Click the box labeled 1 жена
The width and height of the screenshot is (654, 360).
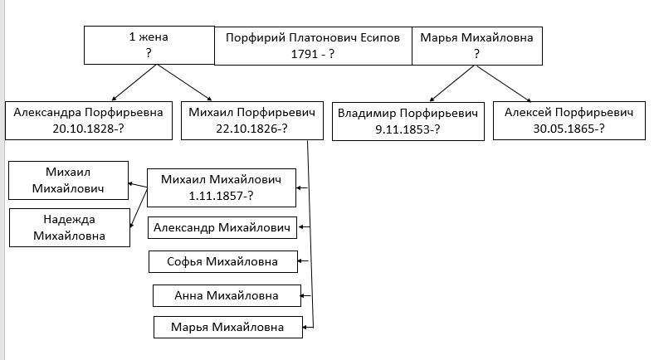149,45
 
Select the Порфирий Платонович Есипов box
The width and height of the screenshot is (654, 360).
313,46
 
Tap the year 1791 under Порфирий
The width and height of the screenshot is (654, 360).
305,54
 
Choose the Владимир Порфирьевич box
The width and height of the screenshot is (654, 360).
408,121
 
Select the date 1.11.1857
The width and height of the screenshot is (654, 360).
215,196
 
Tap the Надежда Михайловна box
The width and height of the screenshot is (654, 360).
70,227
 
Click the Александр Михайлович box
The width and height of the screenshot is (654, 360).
222,227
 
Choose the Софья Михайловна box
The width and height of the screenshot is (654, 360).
223,261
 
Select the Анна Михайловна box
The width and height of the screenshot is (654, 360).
227,296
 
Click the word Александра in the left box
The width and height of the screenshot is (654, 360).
47,113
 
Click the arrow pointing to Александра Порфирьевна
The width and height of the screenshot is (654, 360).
134,82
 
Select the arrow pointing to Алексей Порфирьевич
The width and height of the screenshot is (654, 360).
504,83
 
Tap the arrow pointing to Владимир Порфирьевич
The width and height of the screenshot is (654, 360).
452,83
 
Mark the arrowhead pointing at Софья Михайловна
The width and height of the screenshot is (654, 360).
300,261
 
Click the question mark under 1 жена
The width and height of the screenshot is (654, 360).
149,53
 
